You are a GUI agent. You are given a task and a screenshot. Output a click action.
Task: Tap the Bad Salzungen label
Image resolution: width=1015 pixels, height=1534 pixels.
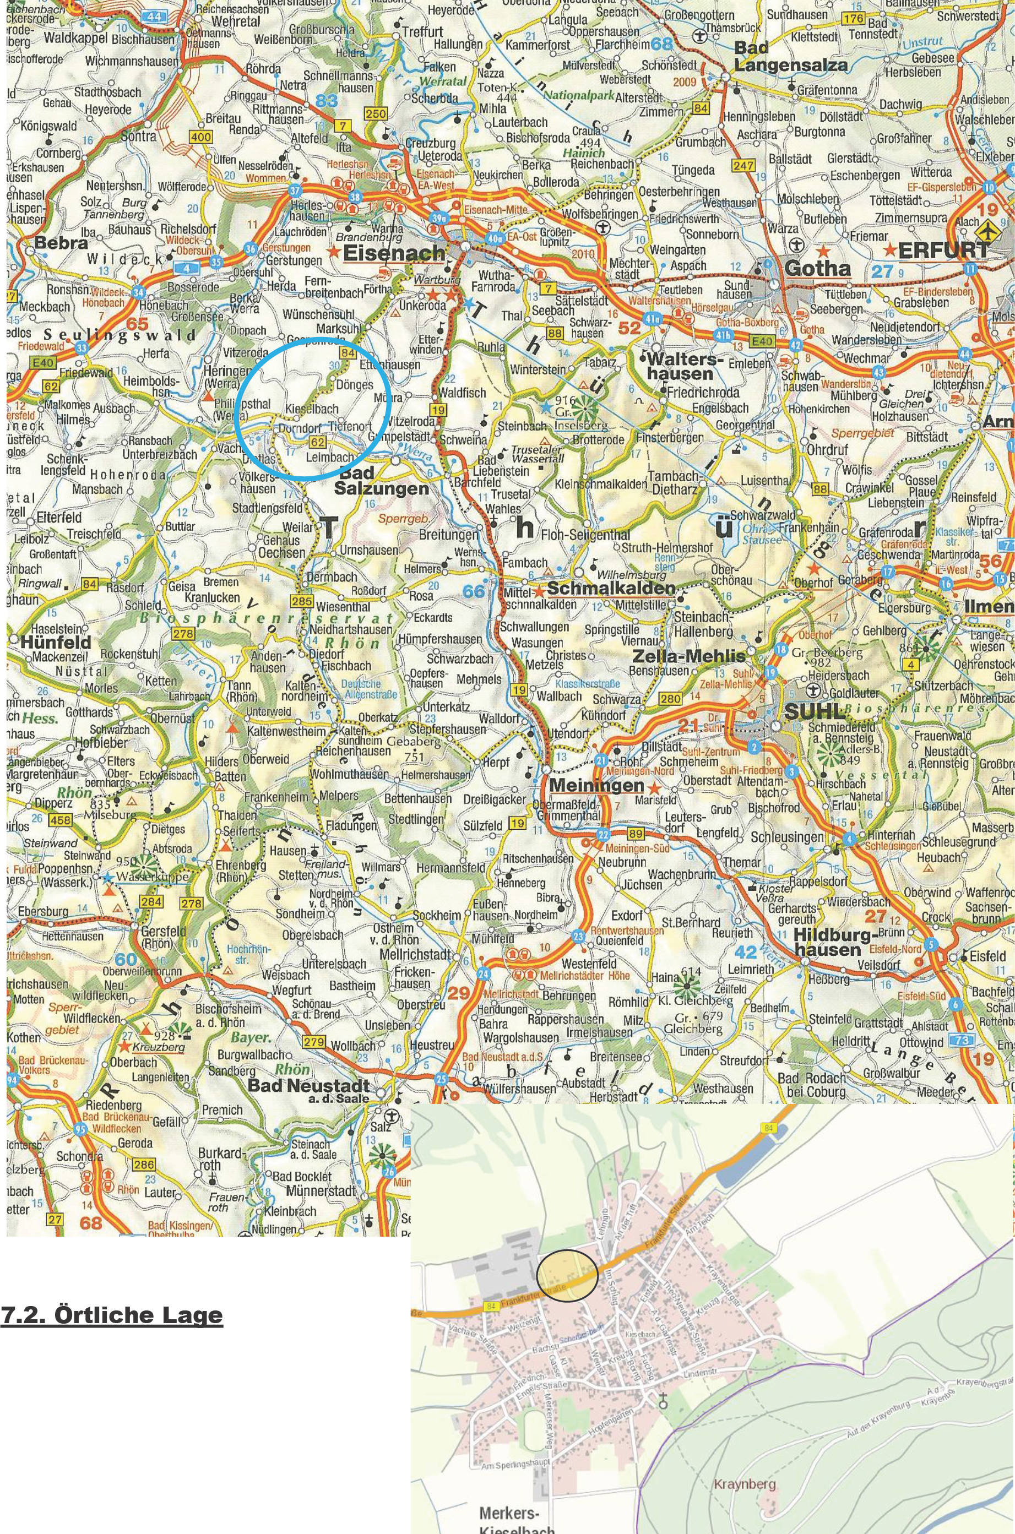tap(381, 481)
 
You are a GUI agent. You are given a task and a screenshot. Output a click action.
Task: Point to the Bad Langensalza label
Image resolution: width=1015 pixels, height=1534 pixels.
tap(790, 57)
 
